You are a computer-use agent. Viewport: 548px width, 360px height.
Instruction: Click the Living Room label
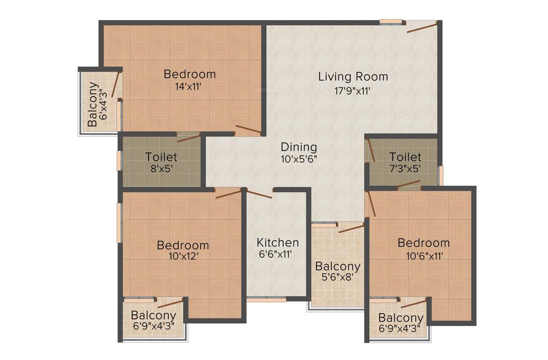tap(353, 76)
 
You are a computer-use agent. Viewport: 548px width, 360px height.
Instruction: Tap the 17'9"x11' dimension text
tap(353, 91)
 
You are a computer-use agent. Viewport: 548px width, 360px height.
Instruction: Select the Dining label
tap(299, 147)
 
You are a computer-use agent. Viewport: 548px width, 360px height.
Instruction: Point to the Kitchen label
tap(278, 242)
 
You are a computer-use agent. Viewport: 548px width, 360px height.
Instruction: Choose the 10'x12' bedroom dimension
tap(182, 256)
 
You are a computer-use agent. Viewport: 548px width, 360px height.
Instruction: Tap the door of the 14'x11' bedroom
tap(248, 130)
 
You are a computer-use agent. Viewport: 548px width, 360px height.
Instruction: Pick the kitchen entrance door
tap(259, 194)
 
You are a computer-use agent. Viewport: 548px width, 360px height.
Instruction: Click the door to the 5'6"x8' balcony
tap(351, 228)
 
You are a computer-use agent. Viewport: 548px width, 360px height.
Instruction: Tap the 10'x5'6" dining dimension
tap(299, 159)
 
